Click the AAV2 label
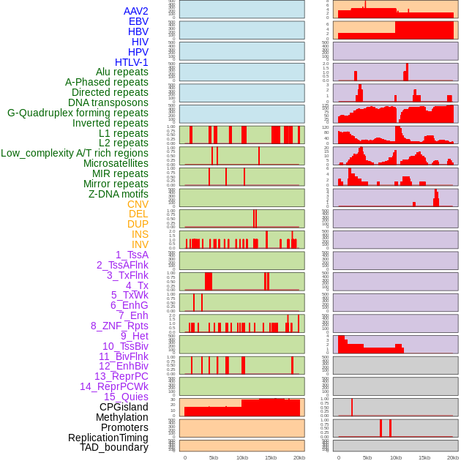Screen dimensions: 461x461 pos(135,11)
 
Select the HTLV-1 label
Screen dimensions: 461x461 pos(131,62)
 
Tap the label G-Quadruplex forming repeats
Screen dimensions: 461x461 pos(78,113)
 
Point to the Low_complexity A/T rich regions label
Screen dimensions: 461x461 pos(75,153)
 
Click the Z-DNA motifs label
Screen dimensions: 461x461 pos(118,194)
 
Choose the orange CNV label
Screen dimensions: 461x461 pos(138,204)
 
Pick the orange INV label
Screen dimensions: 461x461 pos(140,244)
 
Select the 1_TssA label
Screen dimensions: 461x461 pos(132,255)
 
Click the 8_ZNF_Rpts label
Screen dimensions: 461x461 pos(119,326)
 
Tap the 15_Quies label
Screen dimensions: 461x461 pos(125,397)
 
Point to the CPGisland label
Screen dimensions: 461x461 pos(124,407)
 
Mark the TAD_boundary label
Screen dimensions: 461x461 pos(113,447)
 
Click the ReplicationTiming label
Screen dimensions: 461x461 pos(108,438)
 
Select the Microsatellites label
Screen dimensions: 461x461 pos(116,163)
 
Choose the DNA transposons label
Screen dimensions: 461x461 pos(108,102)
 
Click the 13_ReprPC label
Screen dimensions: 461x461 pos(121,376)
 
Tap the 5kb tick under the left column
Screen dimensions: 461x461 pos(214,457)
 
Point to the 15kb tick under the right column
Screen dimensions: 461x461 pos(424,457)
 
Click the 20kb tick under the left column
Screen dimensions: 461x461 pos(299,457)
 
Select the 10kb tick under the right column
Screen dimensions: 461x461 pos(396,457)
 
